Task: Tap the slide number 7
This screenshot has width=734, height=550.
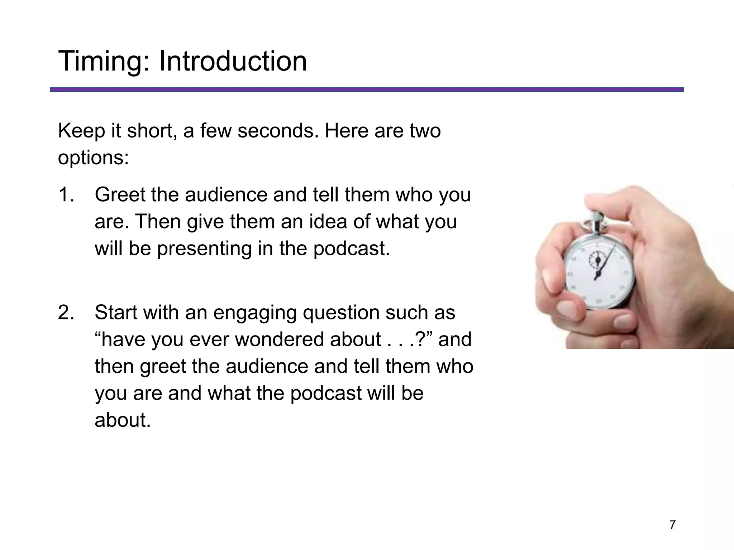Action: [x=672, y=525]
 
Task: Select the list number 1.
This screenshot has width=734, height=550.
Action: [x=66, y=195]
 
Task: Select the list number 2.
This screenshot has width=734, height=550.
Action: [x=66, y=313]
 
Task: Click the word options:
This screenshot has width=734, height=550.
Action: [x=93, y=158]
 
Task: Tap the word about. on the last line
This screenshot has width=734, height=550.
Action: [x=123, y=420]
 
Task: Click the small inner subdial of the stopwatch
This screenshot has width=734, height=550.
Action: [x=598, y=259]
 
